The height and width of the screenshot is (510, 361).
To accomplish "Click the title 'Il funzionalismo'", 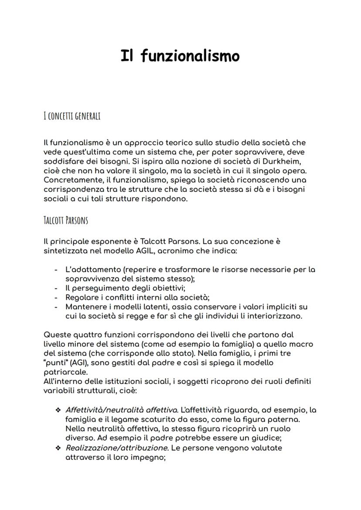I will pyautogui.click(x=180, y=56).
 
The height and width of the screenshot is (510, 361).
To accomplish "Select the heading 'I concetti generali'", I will pyautogui.click(x=72, y=116).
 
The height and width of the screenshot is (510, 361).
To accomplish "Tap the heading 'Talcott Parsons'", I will pyautogui.click(x=66, y=220).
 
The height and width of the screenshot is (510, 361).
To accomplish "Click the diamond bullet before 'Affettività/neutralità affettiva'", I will pyautogui.click(x=58, y=411).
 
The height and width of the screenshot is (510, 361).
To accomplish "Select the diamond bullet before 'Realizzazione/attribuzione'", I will pyautogui.click(x=58, y=448).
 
